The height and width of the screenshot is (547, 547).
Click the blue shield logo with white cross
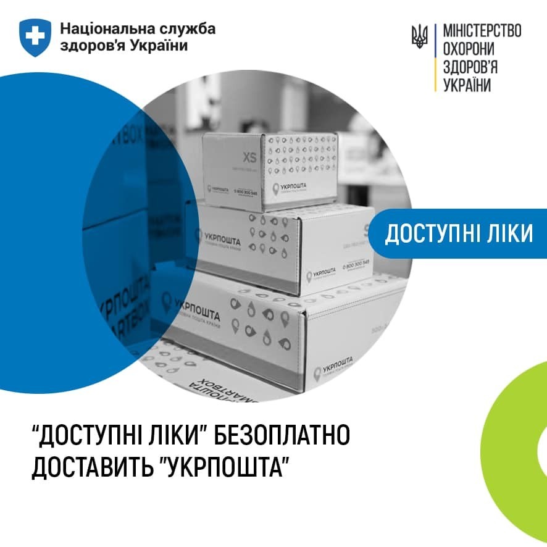tap(35, 36)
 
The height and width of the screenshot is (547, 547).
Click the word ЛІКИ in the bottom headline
tap(174, 436)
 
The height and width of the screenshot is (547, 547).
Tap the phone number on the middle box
tap(354, 263)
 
